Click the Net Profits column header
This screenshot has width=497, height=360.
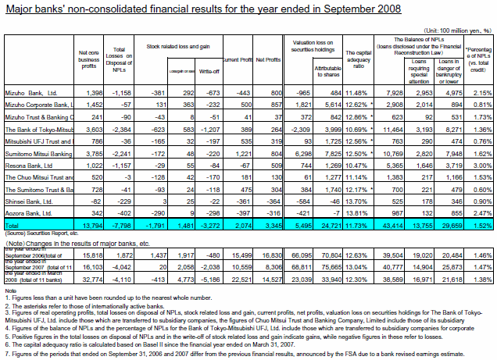[x=269, y=59]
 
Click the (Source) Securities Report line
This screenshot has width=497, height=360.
[x=41, y=233]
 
